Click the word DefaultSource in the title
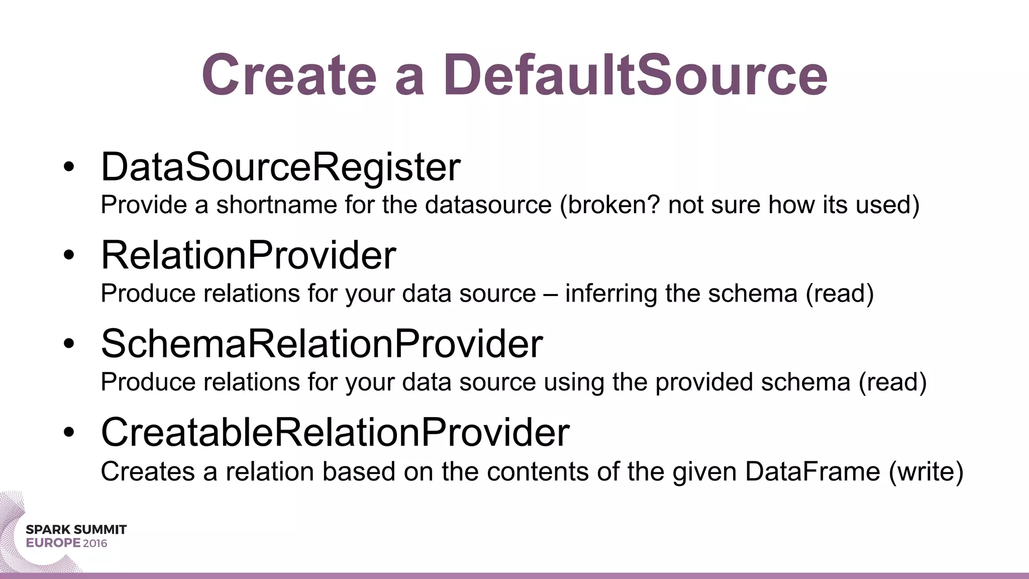click(635, 75)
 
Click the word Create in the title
click(289, 75)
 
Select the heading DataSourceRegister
click(280, 167)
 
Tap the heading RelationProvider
click(248, 255)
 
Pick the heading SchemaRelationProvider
click(322, 344)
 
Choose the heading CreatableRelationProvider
click(335, 432)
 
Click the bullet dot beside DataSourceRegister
click(69, 167)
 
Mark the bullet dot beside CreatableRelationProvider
click(69, 432)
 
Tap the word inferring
click(611, 294)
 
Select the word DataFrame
click(812, 471)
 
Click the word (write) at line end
click(926, 471)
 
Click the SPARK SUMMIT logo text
click(76, 530)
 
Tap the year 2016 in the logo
click(95, 543)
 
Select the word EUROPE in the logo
click(53, 543)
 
